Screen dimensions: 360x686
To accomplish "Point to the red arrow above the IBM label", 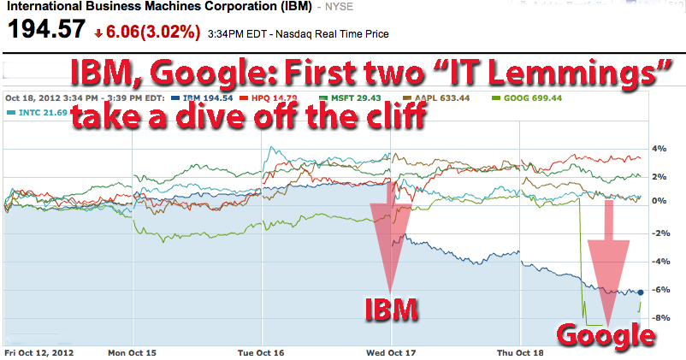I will click(x=390, y=239).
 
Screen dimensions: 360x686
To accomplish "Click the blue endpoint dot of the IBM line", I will click(x=641, y=292).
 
